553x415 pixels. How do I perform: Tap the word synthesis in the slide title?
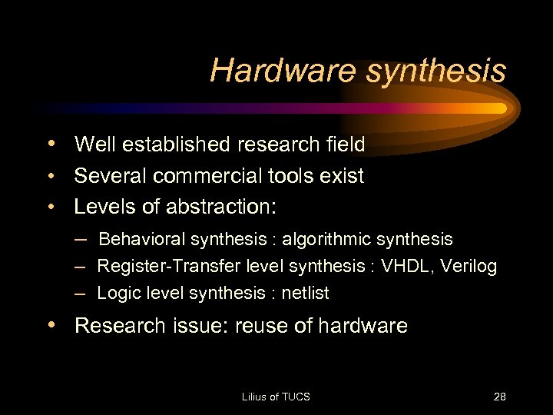pyautogui.click(x=436, y=71)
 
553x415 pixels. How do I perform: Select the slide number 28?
pyautogui.click(x=499, y=397)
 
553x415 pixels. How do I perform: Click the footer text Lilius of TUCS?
pyautogui.click(x=276, y=397)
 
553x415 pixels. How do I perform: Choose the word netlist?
pyautogui.click(x=305, y=293)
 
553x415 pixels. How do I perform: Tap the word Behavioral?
pyautogui.click(x=142, y=239)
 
